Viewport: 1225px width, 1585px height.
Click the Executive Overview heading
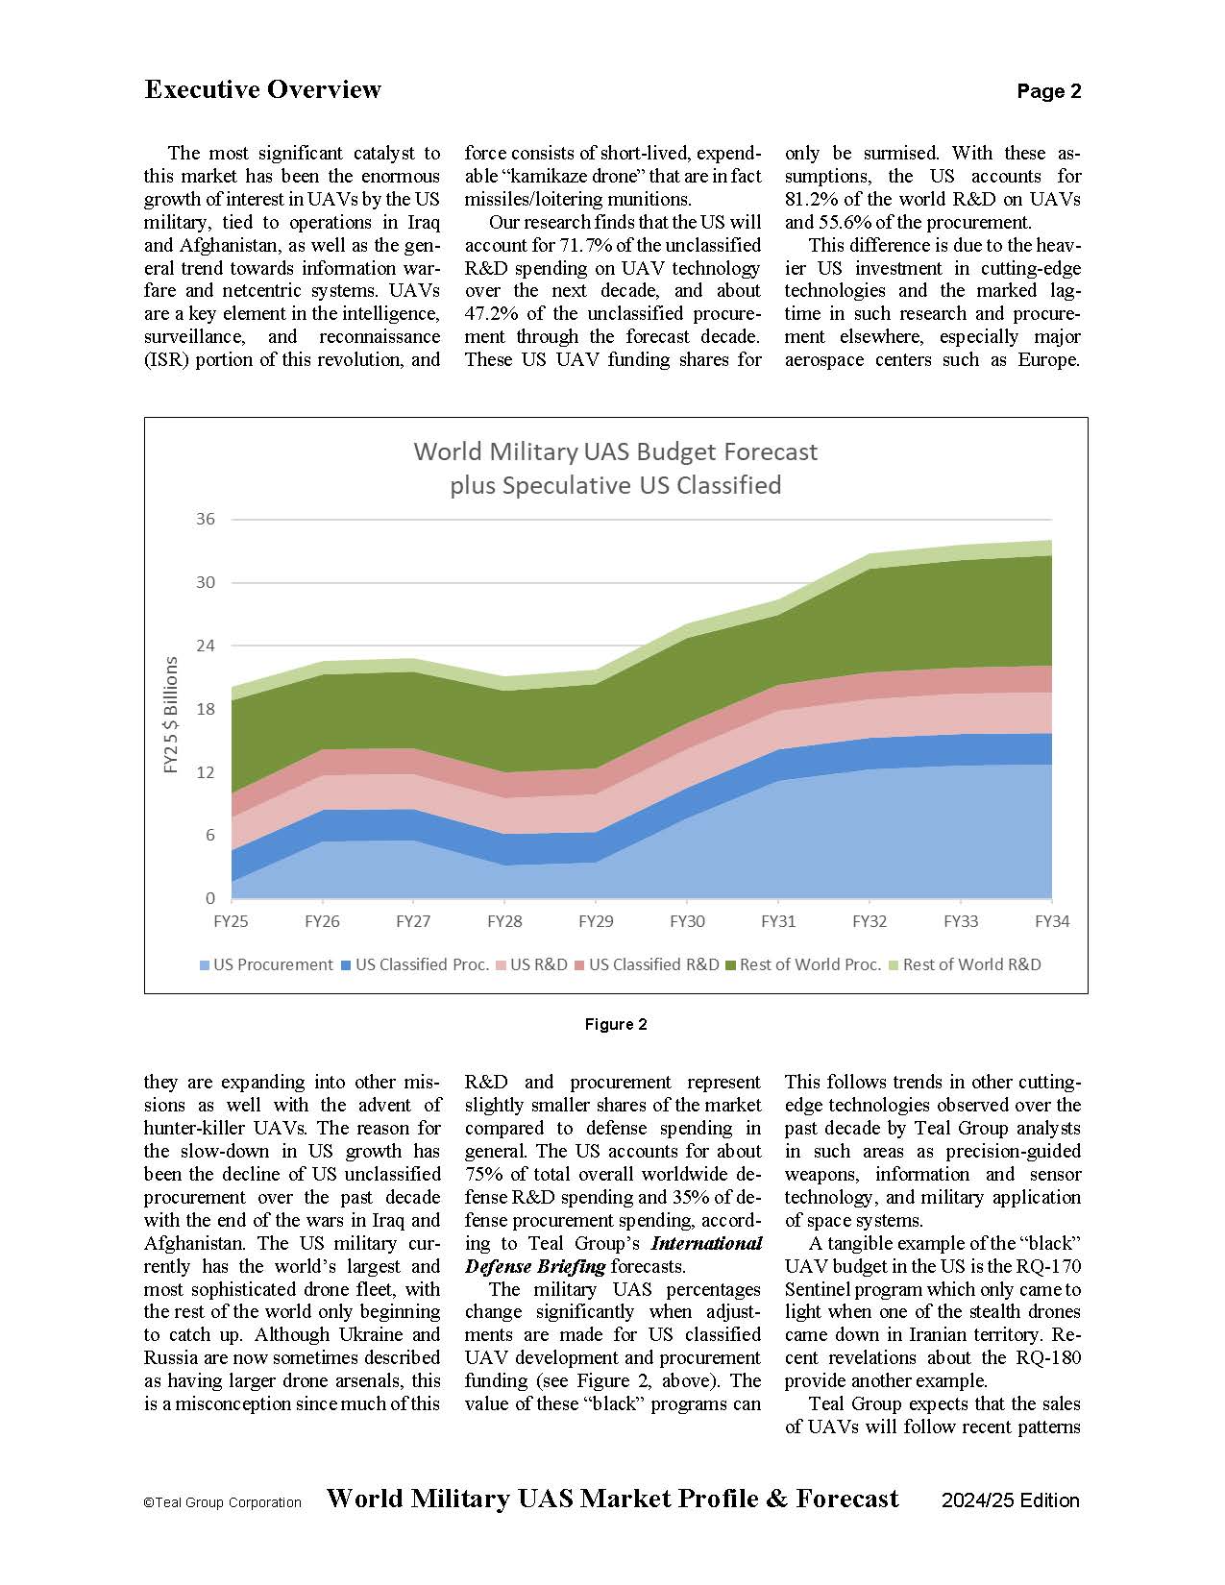point(262,89)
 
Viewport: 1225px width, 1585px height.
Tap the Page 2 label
point(1048,91)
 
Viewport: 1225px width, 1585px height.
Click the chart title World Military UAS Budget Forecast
point(615,451)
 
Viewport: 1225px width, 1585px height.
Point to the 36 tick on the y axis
point(206,519)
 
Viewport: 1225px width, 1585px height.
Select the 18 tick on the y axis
point(206,709)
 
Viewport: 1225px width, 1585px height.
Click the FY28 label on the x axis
point(504,921)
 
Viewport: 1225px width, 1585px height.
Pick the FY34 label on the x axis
point(1051,921)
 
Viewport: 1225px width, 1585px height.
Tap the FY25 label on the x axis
point(231,921)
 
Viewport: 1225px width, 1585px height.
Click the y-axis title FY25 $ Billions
point(171,714)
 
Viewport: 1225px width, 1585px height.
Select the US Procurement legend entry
point(266,964)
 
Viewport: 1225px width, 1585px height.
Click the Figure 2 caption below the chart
point(616,1024)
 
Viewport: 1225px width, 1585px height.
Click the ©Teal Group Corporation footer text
point(222,1502)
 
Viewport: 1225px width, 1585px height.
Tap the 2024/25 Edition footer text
point(1010,1500)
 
